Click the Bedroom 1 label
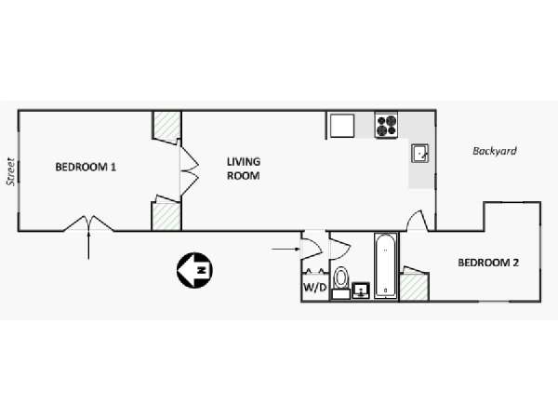click(x=86, y=167)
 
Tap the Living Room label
click(x=244, y=169)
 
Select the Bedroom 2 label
click(x=488, y=263)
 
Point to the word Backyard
click(x=495, y=151)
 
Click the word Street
click(x=10, y=171)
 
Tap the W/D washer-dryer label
click(x=314, y=287)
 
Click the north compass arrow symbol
click(x=194, y=270)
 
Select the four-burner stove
click(x=386, y=125)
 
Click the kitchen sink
click(x=420, y=154)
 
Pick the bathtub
click(x=386, y=265)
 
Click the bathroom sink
click(x=361, y=291)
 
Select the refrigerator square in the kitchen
click(x=342, y=126)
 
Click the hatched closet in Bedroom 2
click(x=414, y=287)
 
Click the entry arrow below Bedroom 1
click(x=88, y=245)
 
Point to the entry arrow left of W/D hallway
click(x=286, y=249)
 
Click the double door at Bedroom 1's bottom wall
click(x=88, y=223)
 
